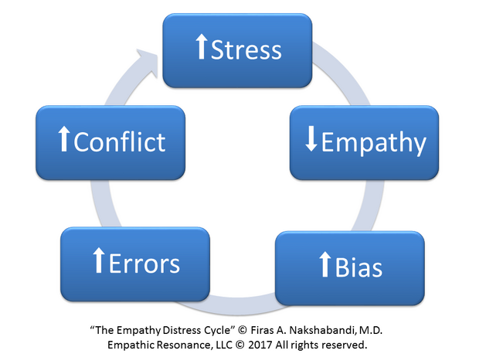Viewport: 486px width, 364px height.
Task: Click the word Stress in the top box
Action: click(x=246, y=50)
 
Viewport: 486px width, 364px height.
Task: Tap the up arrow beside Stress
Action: click(x=201, y=49)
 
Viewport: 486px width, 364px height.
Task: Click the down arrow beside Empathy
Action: click(x=311, y=142)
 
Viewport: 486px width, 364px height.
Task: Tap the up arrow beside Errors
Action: click(x=98, y=262)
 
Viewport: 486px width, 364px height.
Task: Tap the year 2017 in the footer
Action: click(x=272, y=343)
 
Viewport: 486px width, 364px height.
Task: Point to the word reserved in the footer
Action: click(x=342, y=343)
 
